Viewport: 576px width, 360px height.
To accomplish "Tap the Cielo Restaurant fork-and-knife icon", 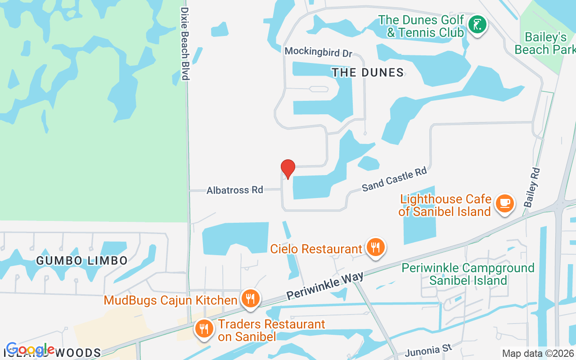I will [x=375, y=247].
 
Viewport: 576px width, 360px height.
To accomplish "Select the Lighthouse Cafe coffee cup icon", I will [x=504, y=203].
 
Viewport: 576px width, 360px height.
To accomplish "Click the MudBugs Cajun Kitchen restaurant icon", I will [x=250, y=298].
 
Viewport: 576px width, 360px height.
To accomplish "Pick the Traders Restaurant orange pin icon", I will [x=204, y=328].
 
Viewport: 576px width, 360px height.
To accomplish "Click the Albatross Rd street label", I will [x=234, y=190].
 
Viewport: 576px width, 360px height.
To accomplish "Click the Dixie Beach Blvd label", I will [x=184, y=43].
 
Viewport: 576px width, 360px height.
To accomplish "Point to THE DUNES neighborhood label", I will [x=367, y=72].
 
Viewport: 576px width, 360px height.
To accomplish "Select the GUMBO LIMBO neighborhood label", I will [x=82, y=260].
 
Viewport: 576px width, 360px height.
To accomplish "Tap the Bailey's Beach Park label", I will [x=545, y=43].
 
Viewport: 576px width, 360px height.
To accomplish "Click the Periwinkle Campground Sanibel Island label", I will [x=468, y=274].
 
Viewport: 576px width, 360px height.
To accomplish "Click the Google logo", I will [x=30, y=350].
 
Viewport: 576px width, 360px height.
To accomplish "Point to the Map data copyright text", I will [x=538, y=354].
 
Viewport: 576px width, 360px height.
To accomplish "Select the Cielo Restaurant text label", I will [x=316, y=249].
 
